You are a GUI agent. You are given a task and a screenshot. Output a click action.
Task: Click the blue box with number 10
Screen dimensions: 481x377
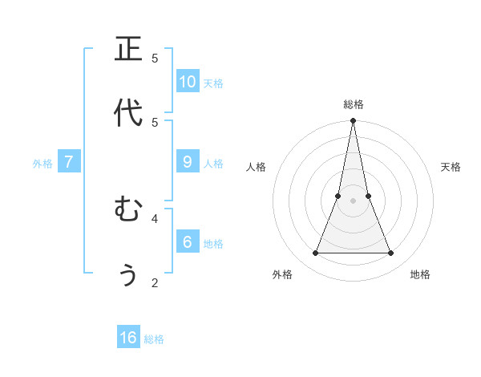tap(188, 81)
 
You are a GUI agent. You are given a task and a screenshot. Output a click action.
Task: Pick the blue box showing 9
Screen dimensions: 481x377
tap(188, 161)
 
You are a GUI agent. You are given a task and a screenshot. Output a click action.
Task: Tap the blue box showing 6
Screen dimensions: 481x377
tap(188, 241)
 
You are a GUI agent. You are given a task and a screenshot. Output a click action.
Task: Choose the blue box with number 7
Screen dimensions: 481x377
tap(69, 161)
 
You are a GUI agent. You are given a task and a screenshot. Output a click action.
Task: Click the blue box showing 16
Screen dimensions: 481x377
tap(128, 338)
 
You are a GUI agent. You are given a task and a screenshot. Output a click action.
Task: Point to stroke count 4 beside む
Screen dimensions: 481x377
tap(155, 217)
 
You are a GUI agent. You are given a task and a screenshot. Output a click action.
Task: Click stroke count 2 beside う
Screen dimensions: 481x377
tap(155, 282)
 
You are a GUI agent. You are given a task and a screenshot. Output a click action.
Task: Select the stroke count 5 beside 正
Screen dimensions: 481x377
tap(155, 58)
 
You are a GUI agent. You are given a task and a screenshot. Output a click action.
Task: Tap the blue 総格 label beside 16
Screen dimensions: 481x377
tap(154, 339)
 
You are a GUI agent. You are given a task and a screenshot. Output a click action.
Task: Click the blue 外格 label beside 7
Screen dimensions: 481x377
tap(42, 164)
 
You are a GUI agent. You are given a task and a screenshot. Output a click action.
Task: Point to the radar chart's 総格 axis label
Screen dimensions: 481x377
tap(354, 104)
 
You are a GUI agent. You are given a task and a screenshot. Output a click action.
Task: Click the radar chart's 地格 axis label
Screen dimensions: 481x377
tap(420, 274)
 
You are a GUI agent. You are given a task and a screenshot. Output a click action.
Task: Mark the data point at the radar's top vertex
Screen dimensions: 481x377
tap(353, 121)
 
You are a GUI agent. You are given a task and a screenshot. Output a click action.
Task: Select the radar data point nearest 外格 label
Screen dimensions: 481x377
tap(315, 253)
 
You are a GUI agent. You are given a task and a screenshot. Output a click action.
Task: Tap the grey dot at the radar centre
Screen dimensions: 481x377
tap(353, 201)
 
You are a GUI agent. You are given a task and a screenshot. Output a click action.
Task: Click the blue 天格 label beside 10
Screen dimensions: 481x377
tap(212, 83)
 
